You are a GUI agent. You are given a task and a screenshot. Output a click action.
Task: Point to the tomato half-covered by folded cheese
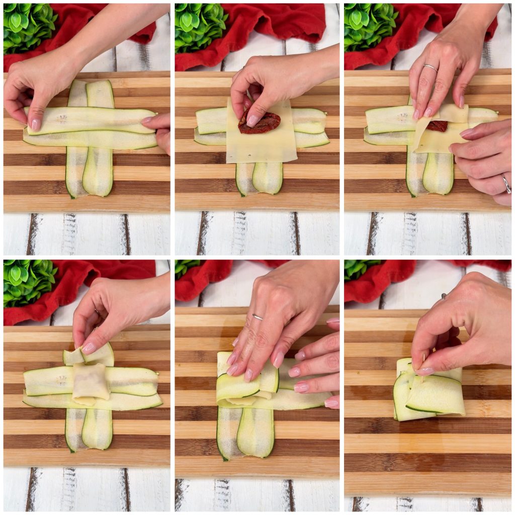point(437,126)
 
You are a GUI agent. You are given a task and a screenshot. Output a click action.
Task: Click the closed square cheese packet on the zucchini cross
point(91,383)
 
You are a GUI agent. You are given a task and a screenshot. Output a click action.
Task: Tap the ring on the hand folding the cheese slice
point(430,67)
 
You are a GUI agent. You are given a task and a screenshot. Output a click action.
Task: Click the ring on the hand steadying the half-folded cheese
point(506,184)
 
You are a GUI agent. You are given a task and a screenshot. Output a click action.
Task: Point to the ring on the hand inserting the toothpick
point(444,296)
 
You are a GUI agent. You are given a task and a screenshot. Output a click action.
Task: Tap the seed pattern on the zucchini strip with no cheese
point(61,119)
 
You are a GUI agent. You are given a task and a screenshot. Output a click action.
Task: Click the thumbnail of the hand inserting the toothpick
point(424,371)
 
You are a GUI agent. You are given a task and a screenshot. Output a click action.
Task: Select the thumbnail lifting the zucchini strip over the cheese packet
point(89,348)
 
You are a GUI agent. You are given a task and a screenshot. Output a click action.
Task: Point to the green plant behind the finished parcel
point(360,269)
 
